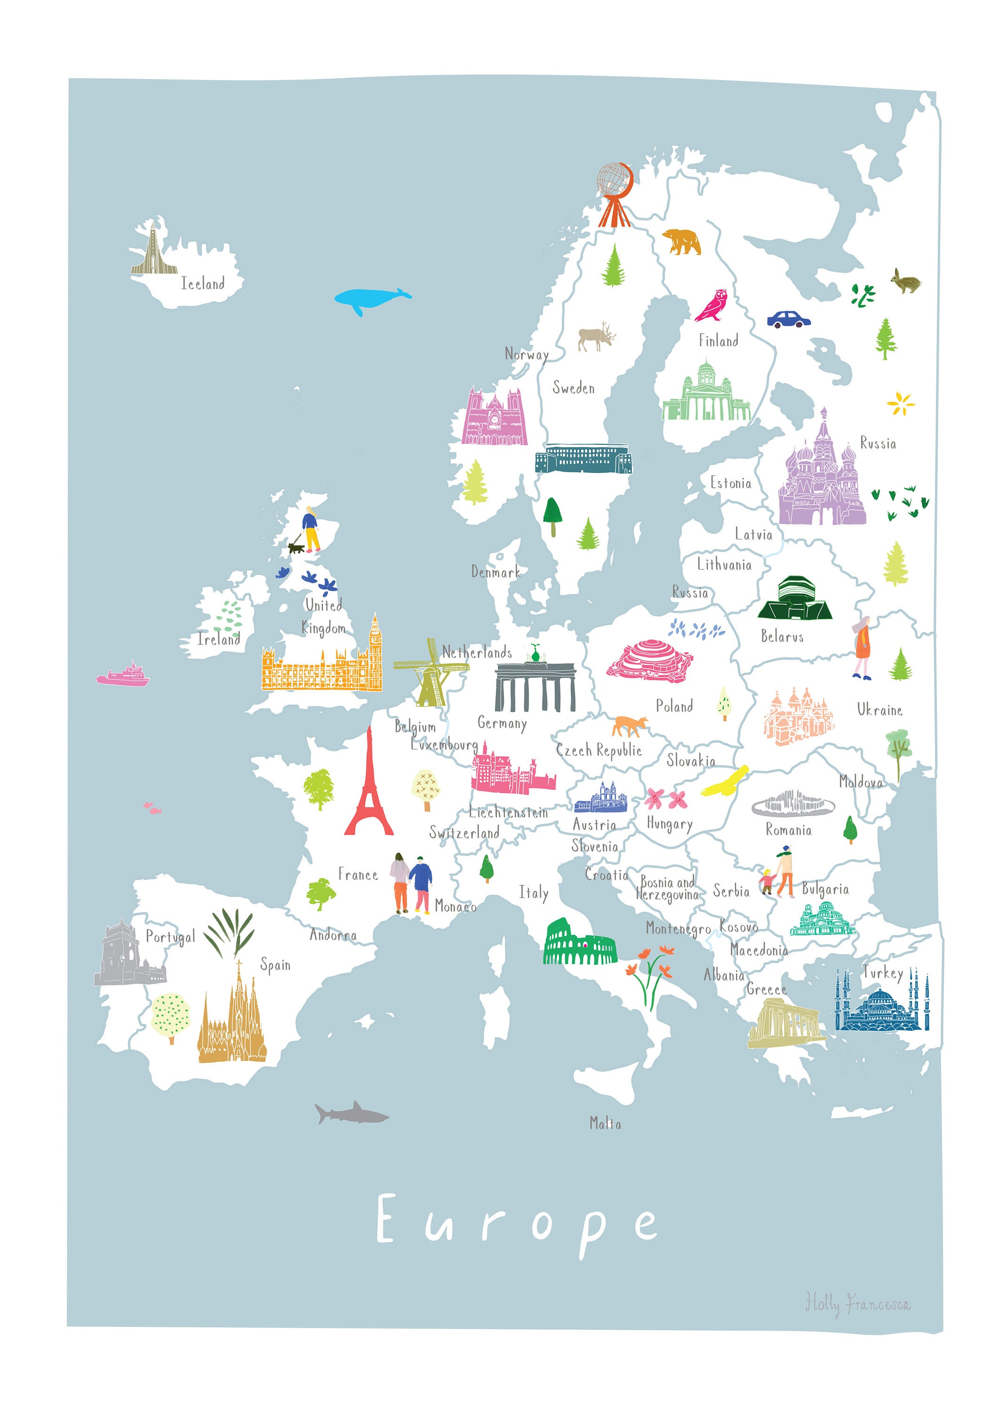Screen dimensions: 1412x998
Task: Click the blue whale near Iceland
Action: pos(371,299)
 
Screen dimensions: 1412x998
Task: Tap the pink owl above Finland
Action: pos(712,305)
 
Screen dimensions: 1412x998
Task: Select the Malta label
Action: pos(605,1123)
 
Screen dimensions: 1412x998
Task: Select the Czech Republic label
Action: pos(599,750)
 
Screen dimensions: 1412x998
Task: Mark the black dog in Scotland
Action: pos(297,547)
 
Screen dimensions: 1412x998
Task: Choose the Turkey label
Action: pos(882,973)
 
